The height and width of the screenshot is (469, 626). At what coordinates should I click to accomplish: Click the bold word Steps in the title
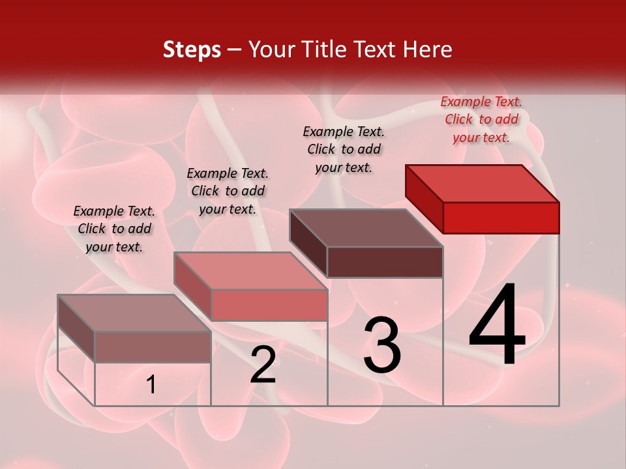point(192,50)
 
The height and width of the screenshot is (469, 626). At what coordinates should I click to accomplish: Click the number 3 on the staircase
point(382,345)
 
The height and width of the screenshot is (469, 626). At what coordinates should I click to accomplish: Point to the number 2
point(263,365)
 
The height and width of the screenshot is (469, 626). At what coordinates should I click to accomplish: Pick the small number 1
point(151,385)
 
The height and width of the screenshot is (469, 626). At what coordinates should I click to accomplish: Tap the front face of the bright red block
point(501,218)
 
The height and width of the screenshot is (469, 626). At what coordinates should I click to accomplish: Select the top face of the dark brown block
point(366,227)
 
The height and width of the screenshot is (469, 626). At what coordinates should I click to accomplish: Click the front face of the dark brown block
point(385,262)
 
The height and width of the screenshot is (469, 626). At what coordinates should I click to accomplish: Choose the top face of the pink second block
point(250,270)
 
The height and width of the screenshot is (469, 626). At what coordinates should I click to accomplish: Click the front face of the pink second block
point(269,305)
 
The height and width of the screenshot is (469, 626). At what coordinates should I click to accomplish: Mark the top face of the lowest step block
point(134,313)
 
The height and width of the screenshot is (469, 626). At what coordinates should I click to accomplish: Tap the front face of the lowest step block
point(153,347)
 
